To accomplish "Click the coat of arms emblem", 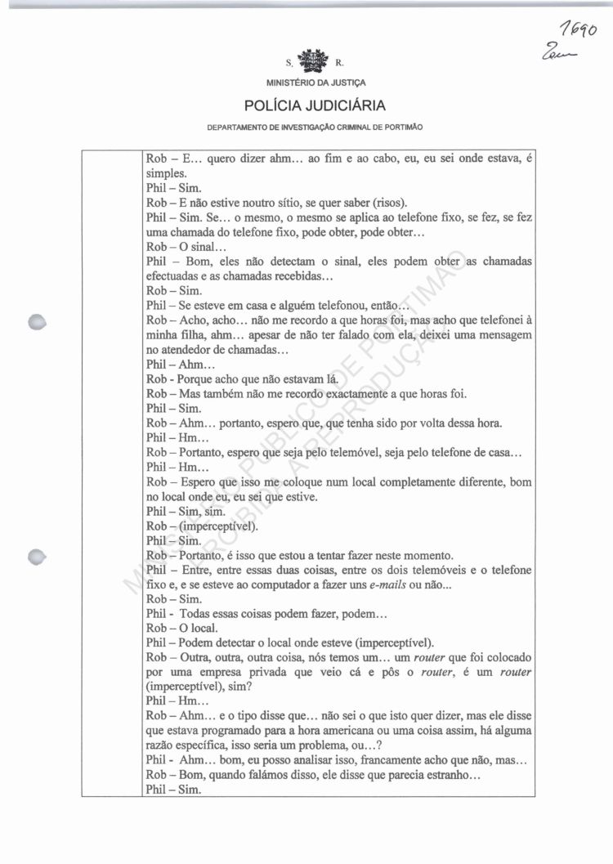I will (313, 60).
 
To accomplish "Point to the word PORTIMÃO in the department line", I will (402, 128).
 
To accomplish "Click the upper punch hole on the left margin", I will (35, 322).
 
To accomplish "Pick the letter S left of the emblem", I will (289, 62).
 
